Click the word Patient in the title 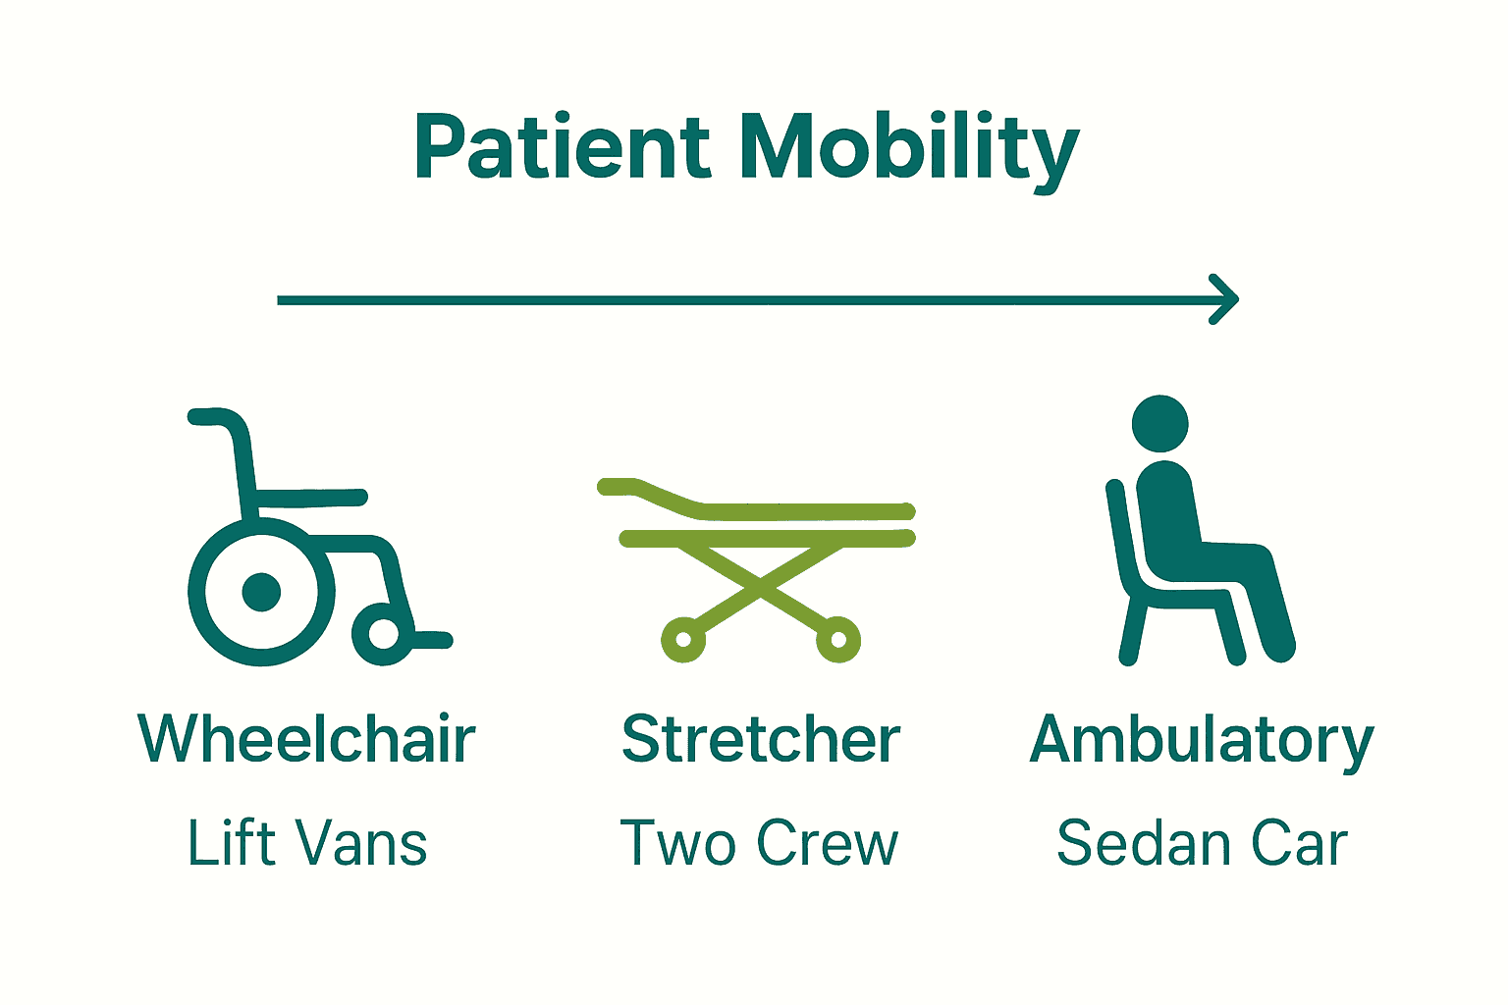[563, 146]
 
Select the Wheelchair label [307, 738]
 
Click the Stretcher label [761, 738]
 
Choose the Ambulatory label [1202, 744]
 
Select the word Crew [828, 842]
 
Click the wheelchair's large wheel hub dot [261, 593]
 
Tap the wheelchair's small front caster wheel [384, 634]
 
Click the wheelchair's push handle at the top [209, 417]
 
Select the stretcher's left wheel [683, 640]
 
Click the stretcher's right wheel [838, 640]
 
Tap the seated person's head [1159, 423]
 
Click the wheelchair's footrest [431, 640]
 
